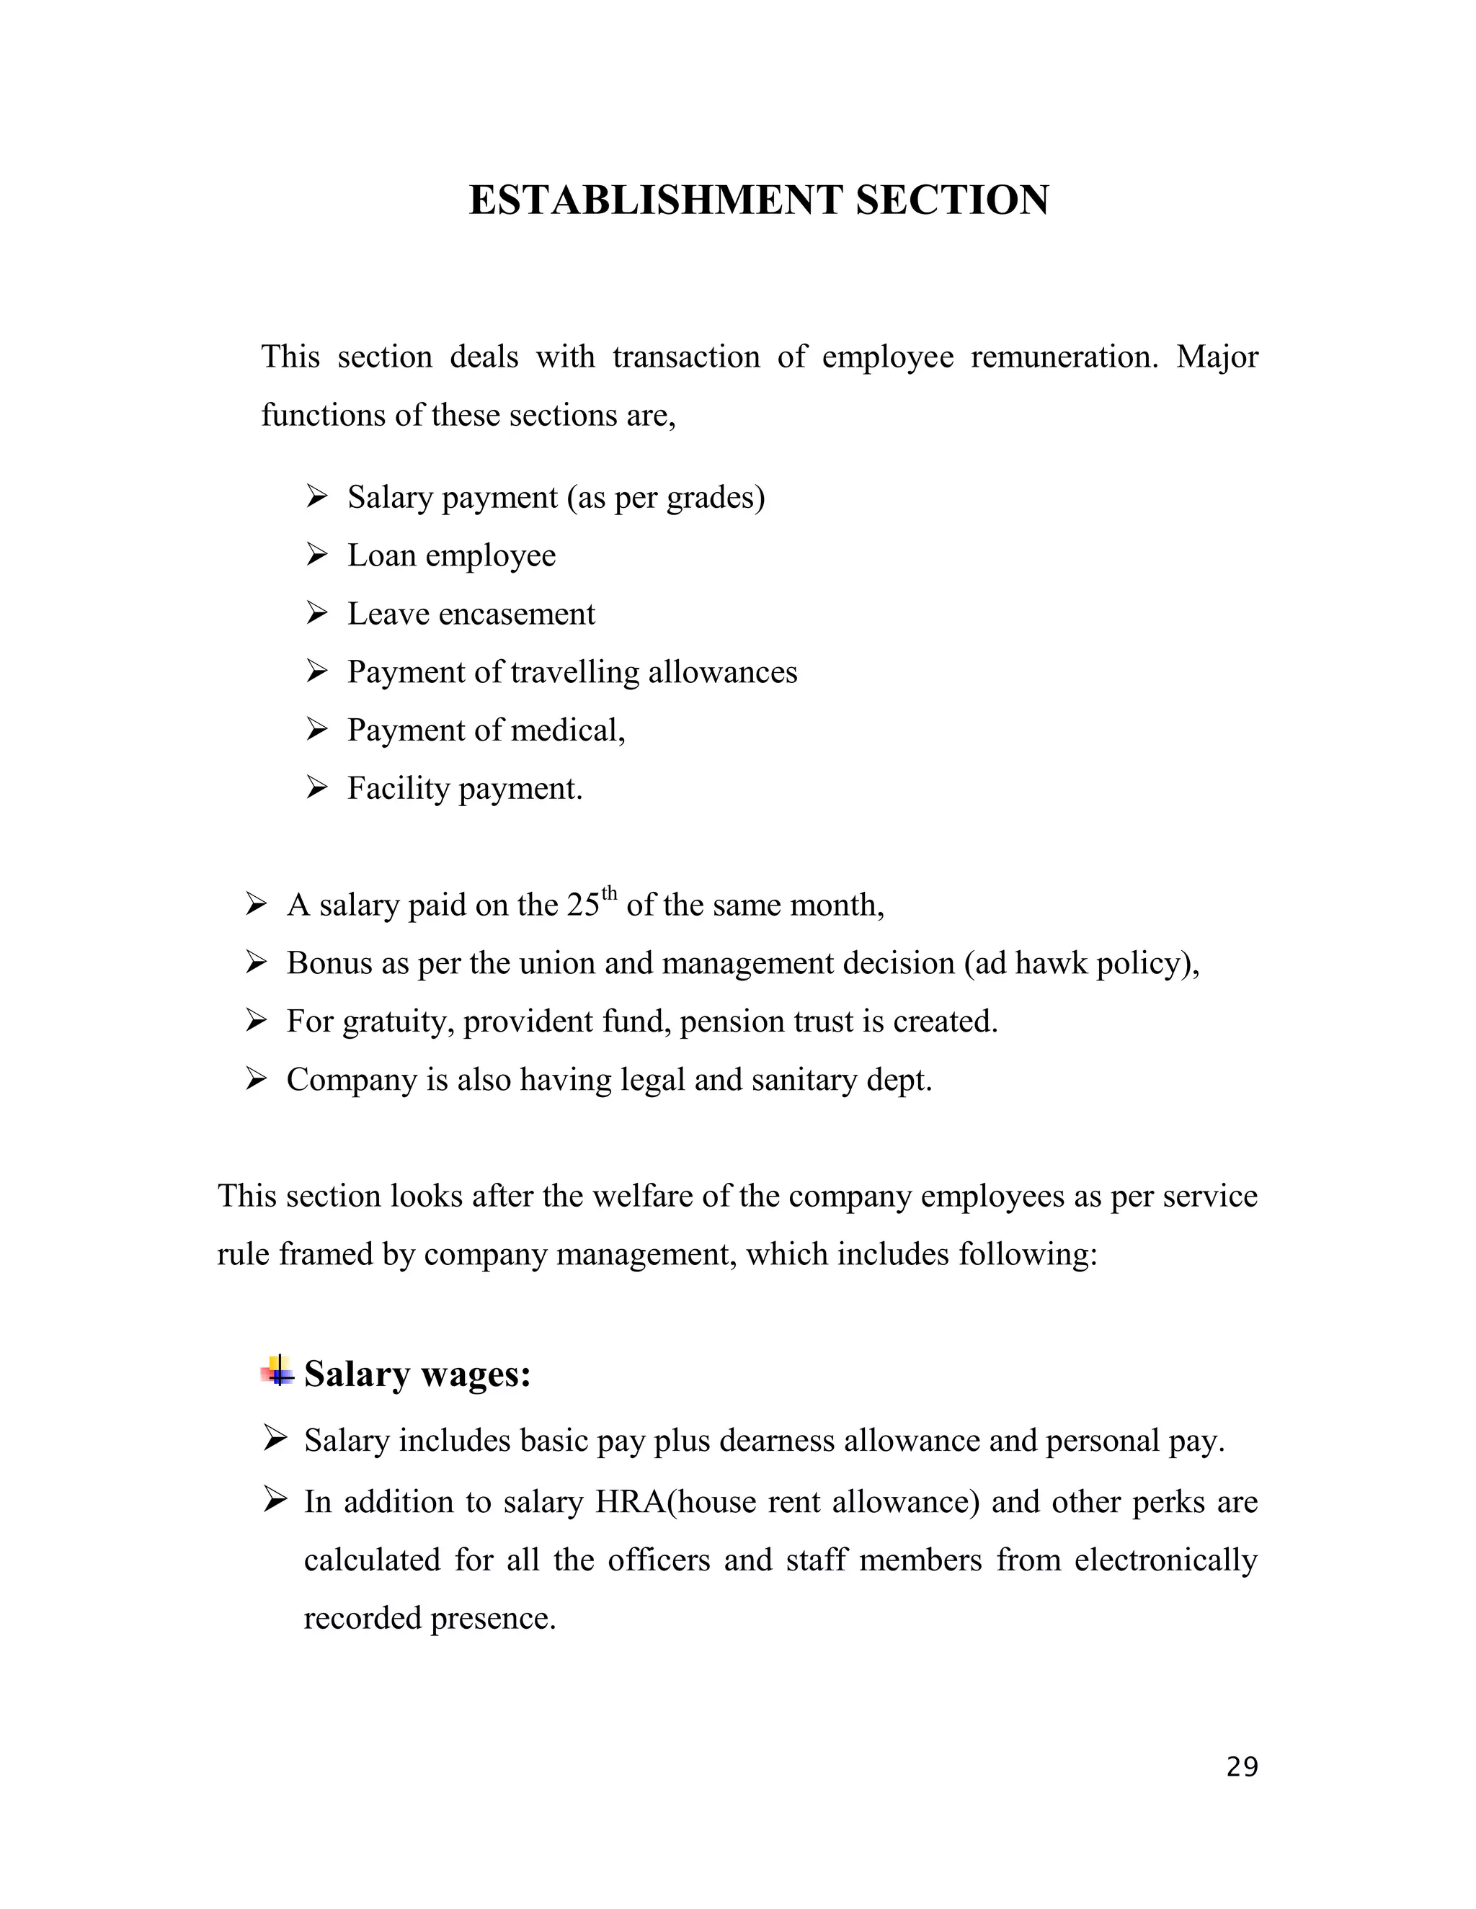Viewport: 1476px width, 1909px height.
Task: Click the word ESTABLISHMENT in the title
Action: (656, 200)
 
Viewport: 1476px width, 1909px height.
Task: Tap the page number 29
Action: (1242, 1766)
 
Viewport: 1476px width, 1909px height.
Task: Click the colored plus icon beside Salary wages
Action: (278, 1372)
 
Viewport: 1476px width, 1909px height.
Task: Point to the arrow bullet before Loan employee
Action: (316, 554)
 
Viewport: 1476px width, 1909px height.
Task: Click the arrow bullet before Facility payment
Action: (316, 787)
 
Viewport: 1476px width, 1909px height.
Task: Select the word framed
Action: (326, 1254)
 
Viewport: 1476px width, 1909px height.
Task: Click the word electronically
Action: (1165, 1560)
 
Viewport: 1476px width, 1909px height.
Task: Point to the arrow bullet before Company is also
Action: (255, 1080)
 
